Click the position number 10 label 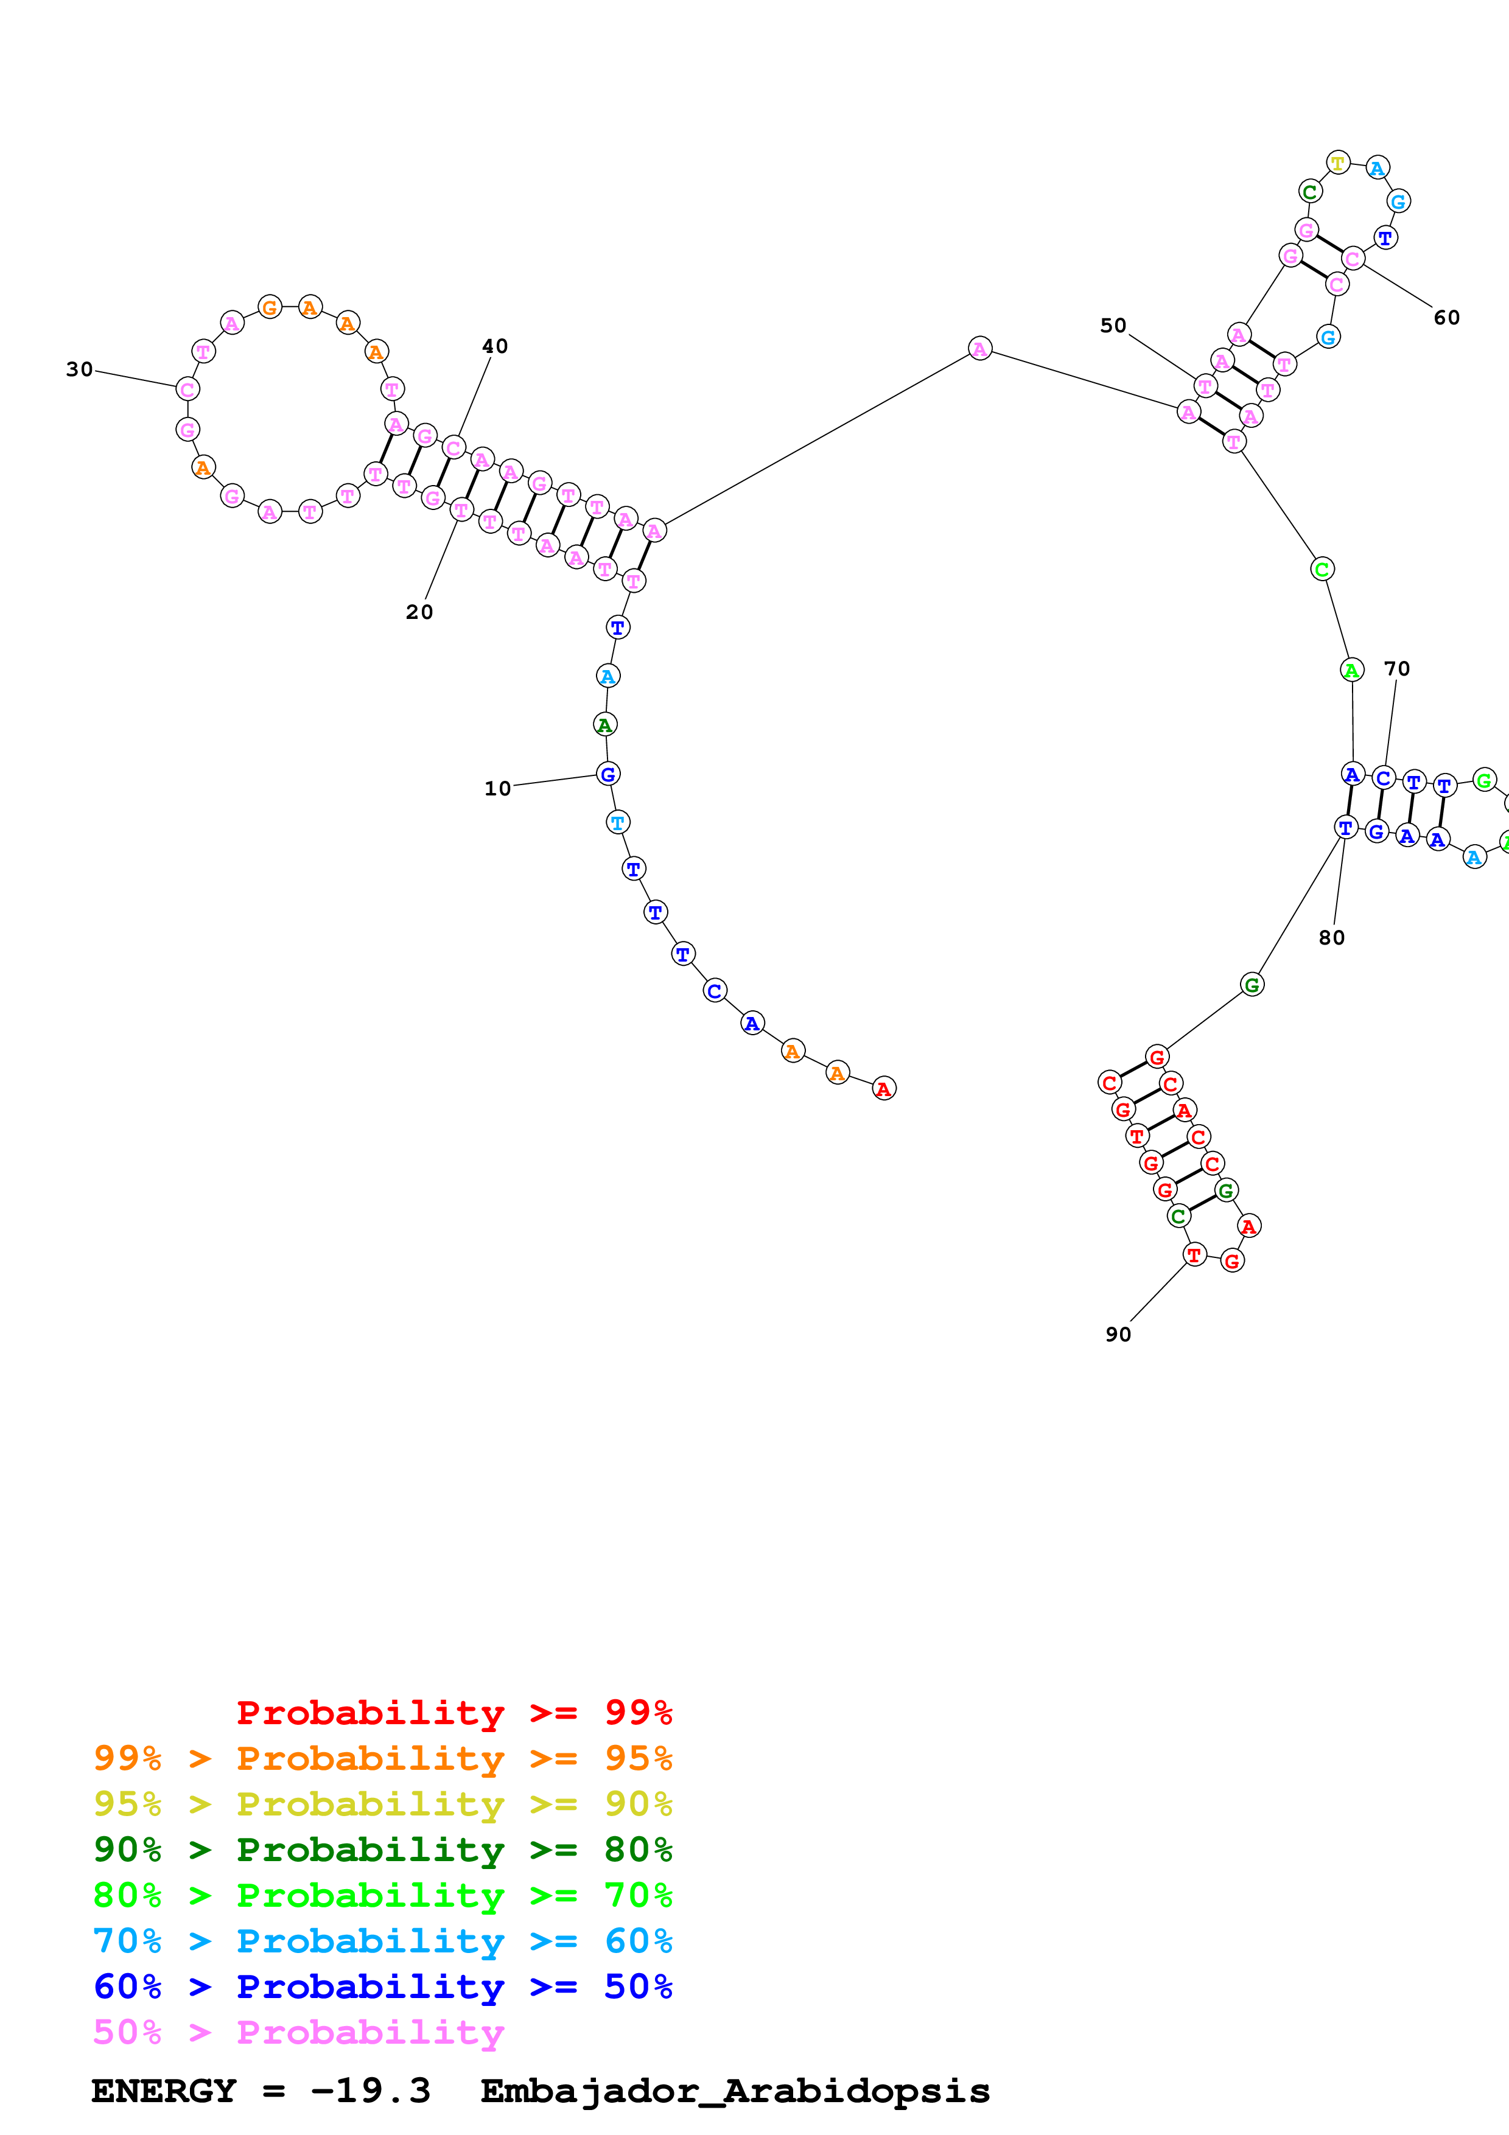point(497,789)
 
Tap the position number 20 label point(419,612)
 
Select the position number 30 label point(79,369)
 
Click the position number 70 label point(1396,669)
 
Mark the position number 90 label point(1118,1334)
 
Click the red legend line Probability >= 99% point(453,1713)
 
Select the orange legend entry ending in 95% point(382,1758)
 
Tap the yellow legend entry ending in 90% point(382,1804)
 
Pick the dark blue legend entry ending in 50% point(382,1986)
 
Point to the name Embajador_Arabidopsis point(735,2091)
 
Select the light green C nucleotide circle point(1322,568)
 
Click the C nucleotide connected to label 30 point(188,389)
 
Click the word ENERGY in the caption point(164,2091)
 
